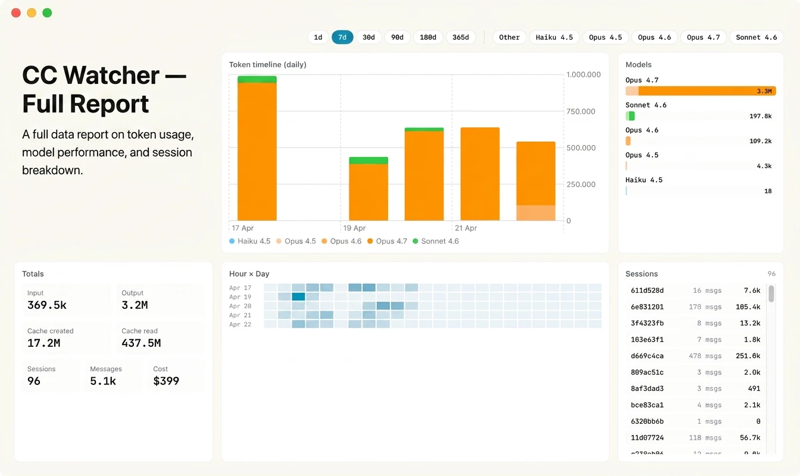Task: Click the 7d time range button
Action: [x=342, y=37]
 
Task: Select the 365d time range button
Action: [x=461, y=37]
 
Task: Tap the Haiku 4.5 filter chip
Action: [x=554, y=37]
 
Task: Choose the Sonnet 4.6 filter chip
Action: [x=756, y=37]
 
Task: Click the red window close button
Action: [x=16, y=12]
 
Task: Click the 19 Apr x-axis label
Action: [x=355, y=228]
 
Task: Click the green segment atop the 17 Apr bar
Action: [x=257, y=79]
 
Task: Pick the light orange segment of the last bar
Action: [x=536, y=213]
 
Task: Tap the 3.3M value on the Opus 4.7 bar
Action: [x=764, y=91]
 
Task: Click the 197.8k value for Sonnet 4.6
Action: [x=760, y=116]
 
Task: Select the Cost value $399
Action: [x=166, y=381]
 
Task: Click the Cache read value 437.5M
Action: [x=141, y=343]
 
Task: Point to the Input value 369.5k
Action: [x=46, y=305]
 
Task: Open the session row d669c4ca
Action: [x=648, y=356]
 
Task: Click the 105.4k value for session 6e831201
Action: [x=748, y=307]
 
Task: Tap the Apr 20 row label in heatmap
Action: [x=240, y=306]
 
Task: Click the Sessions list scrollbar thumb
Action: [x=771, y=293]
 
